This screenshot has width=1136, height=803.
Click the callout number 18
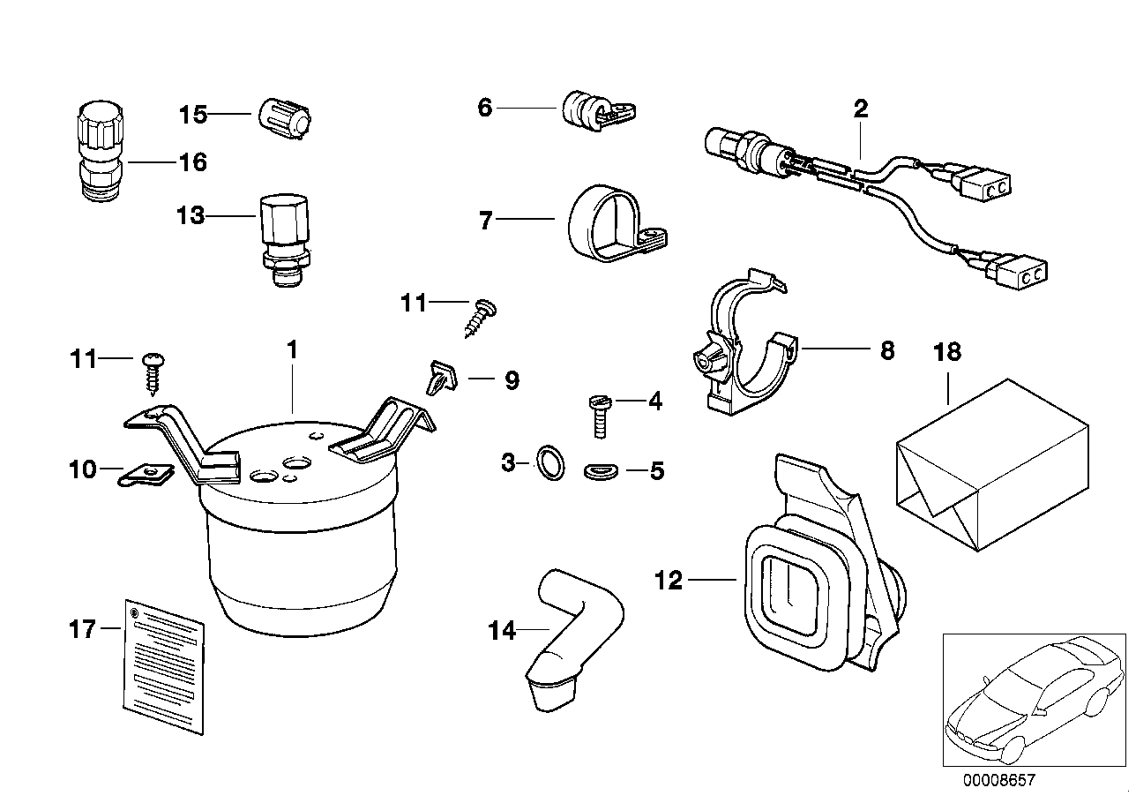tap(948, 351)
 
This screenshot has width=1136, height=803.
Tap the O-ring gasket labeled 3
tap(549, 462)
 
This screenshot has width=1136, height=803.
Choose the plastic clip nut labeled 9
tap(438, 379)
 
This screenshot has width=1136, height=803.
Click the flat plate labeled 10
tap(148, 475)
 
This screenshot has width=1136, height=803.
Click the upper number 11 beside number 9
tap(413, 304)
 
